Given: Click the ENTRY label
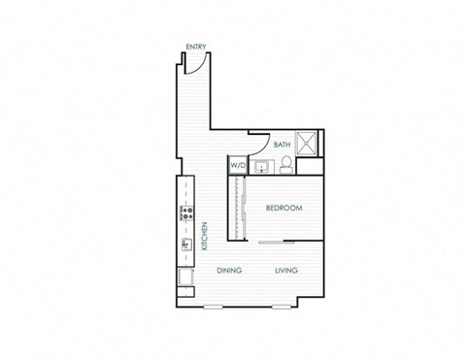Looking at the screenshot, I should tap(195, 47).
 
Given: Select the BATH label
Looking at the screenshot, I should tap(282, 145).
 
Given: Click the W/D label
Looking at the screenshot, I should tap(238, 166).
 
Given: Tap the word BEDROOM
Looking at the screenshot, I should tap(283, 209).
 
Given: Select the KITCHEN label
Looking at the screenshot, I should tap(205, 237).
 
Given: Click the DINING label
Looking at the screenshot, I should tap(229, 271).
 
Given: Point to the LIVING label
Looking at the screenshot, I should tap(285, 271).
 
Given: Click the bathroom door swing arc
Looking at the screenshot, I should tap(257, 138).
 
